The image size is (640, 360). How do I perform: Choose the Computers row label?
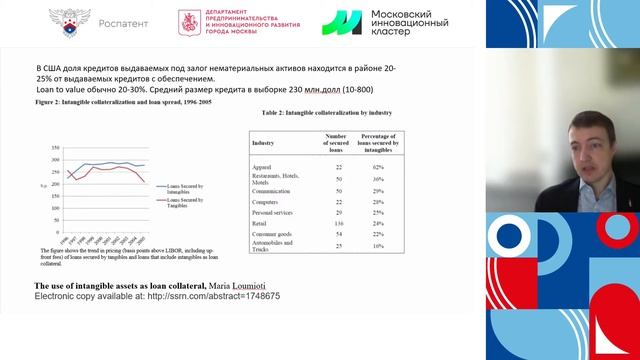(x=267, y=200)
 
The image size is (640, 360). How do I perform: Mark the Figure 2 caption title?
(x=123, y=102)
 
